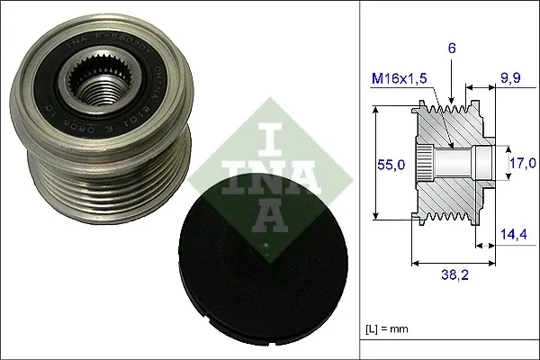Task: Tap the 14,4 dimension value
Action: pos(514,234)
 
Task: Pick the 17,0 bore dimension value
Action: pos(521,163)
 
